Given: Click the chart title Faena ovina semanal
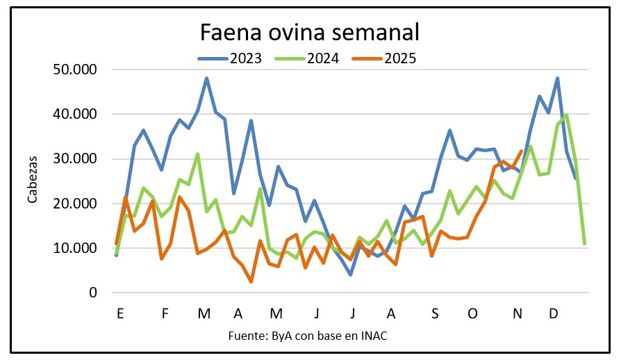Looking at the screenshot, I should (310, 33).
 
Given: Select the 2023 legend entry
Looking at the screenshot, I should (230, 58).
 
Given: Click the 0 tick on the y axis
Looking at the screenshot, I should (92, 293).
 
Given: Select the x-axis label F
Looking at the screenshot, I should (165, 313).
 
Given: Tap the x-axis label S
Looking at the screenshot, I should (435, 313).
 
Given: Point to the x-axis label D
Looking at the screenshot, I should (554, 313).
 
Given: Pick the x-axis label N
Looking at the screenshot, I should (517, 313).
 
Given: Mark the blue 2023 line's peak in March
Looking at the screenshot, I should (207, 79).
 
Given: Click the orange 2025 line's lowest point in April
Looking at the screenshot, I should (251, 281).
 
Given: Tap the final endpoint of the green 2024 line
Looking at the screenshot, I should (584, 243).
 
